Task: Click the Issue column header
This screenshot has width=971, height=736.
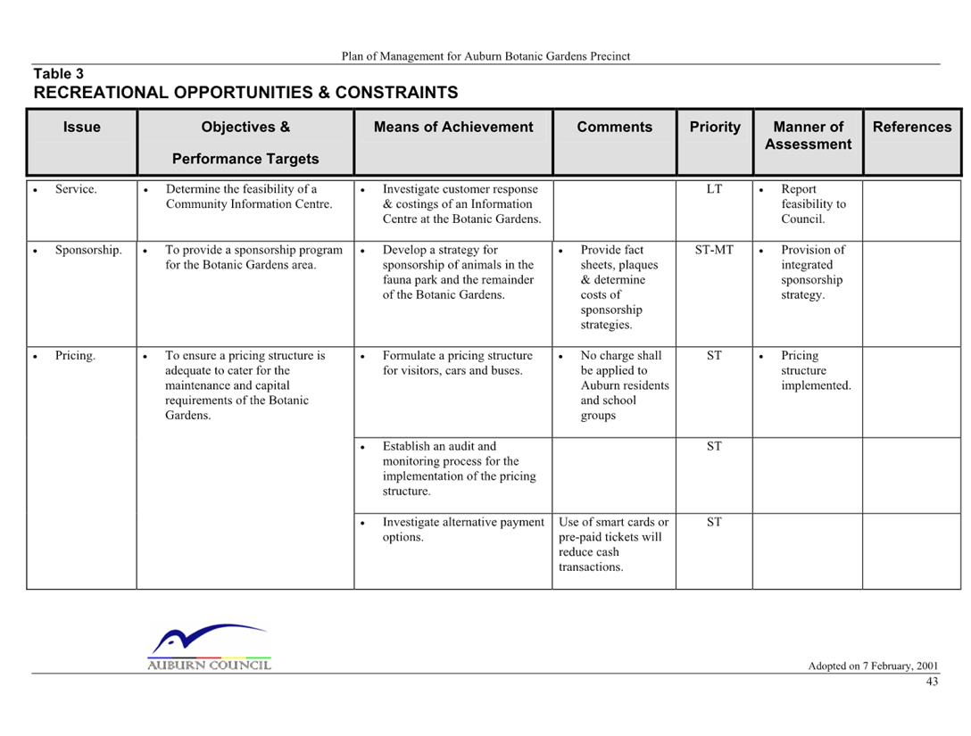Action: [82, 127]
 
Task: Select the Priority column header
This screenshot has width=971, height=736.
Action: [715, 127]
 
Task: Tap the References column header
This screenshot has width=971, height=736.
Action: [912, 127]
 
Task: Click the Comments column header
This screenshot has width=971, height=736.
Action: [614, 127]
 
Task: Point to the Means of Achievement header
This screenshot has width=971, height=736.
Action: [453, 127]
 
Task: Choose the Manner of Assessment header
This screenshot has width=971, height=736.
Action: [809, 136]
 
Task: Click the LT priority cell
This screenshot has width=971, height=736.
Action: [714, 189]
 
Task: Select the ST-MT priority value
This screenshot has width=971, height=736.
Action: [714, 250]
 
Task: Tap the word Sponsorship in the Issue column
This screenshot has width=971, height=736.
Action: [88, 250]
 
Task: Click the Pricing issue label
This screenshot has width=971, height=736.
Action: [75, 356]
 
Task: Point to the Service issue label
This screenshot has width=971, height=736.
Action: [76, 189]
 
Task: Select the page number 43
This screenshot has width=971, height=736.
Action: [932, 682]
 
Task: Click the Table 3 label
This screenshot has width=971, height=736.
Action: [58, 74]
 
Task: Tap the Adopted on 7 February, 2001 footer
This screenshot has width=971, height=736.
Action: [873, 666]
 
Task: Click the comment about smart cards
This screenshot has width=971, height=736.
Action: [613, 544]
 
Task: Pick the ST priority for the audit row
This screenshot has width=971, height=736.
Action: [714, 446]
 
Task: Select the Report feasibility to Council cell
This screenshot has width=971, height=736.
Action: [813, 203]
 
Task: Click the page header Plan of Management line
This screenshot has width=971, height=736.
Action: [485, 56]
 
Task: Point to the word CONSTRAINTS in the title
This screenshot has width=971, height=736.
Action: [396, 92]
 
